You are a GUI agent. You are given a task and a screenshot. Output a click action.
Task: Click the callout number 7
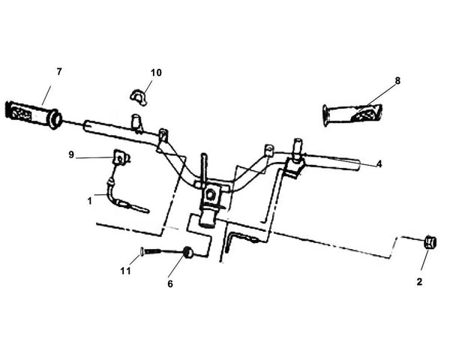tap(59, 72)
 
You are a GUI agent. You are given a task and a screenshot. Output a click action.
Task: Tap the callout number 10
tap(156, 73)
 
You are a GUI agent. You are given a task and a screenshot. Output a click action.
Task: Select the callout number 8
tap(397, 81)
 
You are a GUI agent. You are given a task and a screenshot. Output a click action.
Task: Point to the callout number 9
tap(71, 155)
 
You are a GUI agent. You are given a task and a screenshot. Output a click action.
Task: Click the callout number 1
tap(90, 201)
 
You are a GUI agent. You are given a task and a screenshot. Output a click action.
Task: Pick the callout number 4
tap(379, 164)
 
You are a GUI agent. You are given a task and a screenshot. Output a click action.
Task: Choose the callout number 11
tap(125, 271)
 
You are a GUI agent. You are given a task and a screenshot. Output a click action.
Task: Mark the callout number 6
tap(170, 284)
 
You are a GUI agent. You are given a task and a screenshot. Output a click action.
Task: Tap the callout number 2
tap(419, 282)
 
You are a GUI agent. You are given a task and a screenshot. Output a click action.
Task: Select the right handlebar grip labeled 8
tap(352, 114)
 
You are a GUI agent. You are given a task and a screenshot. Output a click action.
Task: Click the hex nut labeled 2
tap(430, 243)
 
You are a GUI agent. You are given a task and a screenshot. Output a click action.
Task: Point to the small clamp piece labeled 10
tap(139, 97)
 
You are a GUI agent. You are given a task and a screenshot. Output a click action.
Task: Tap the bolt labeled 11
tap(150, 251)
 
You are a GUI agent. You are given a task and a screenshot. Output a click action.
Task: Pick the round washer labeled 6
tap(187, 252)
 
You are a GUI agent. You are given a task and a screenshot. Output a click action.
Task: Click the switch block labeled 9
tap(121, 157)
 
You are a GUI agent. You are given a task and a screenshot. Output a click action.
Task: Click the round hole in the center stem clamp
tap(210, 195)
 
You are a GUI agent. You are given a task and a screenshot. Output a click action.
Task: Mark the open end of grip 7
tap(55, 118)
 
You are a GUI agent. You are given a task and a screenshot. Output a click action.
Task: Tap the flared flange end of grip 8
tap(325, 115)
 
